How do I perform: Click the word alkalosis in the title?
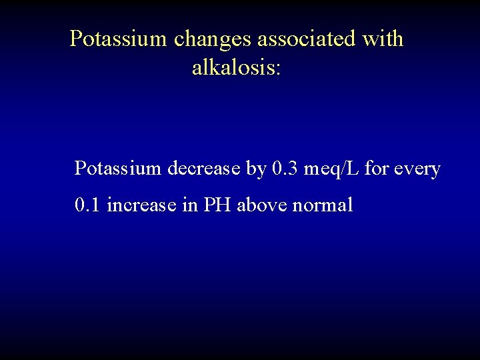(x=232, y=67)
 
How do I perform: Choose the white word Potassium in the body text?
(x=118, y=169)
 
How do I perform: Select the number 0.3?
(x=285, y=169)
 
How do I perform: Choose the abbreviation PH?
(x=216, y=205)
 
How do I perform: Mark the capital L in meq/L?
(x=353, y=169)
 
